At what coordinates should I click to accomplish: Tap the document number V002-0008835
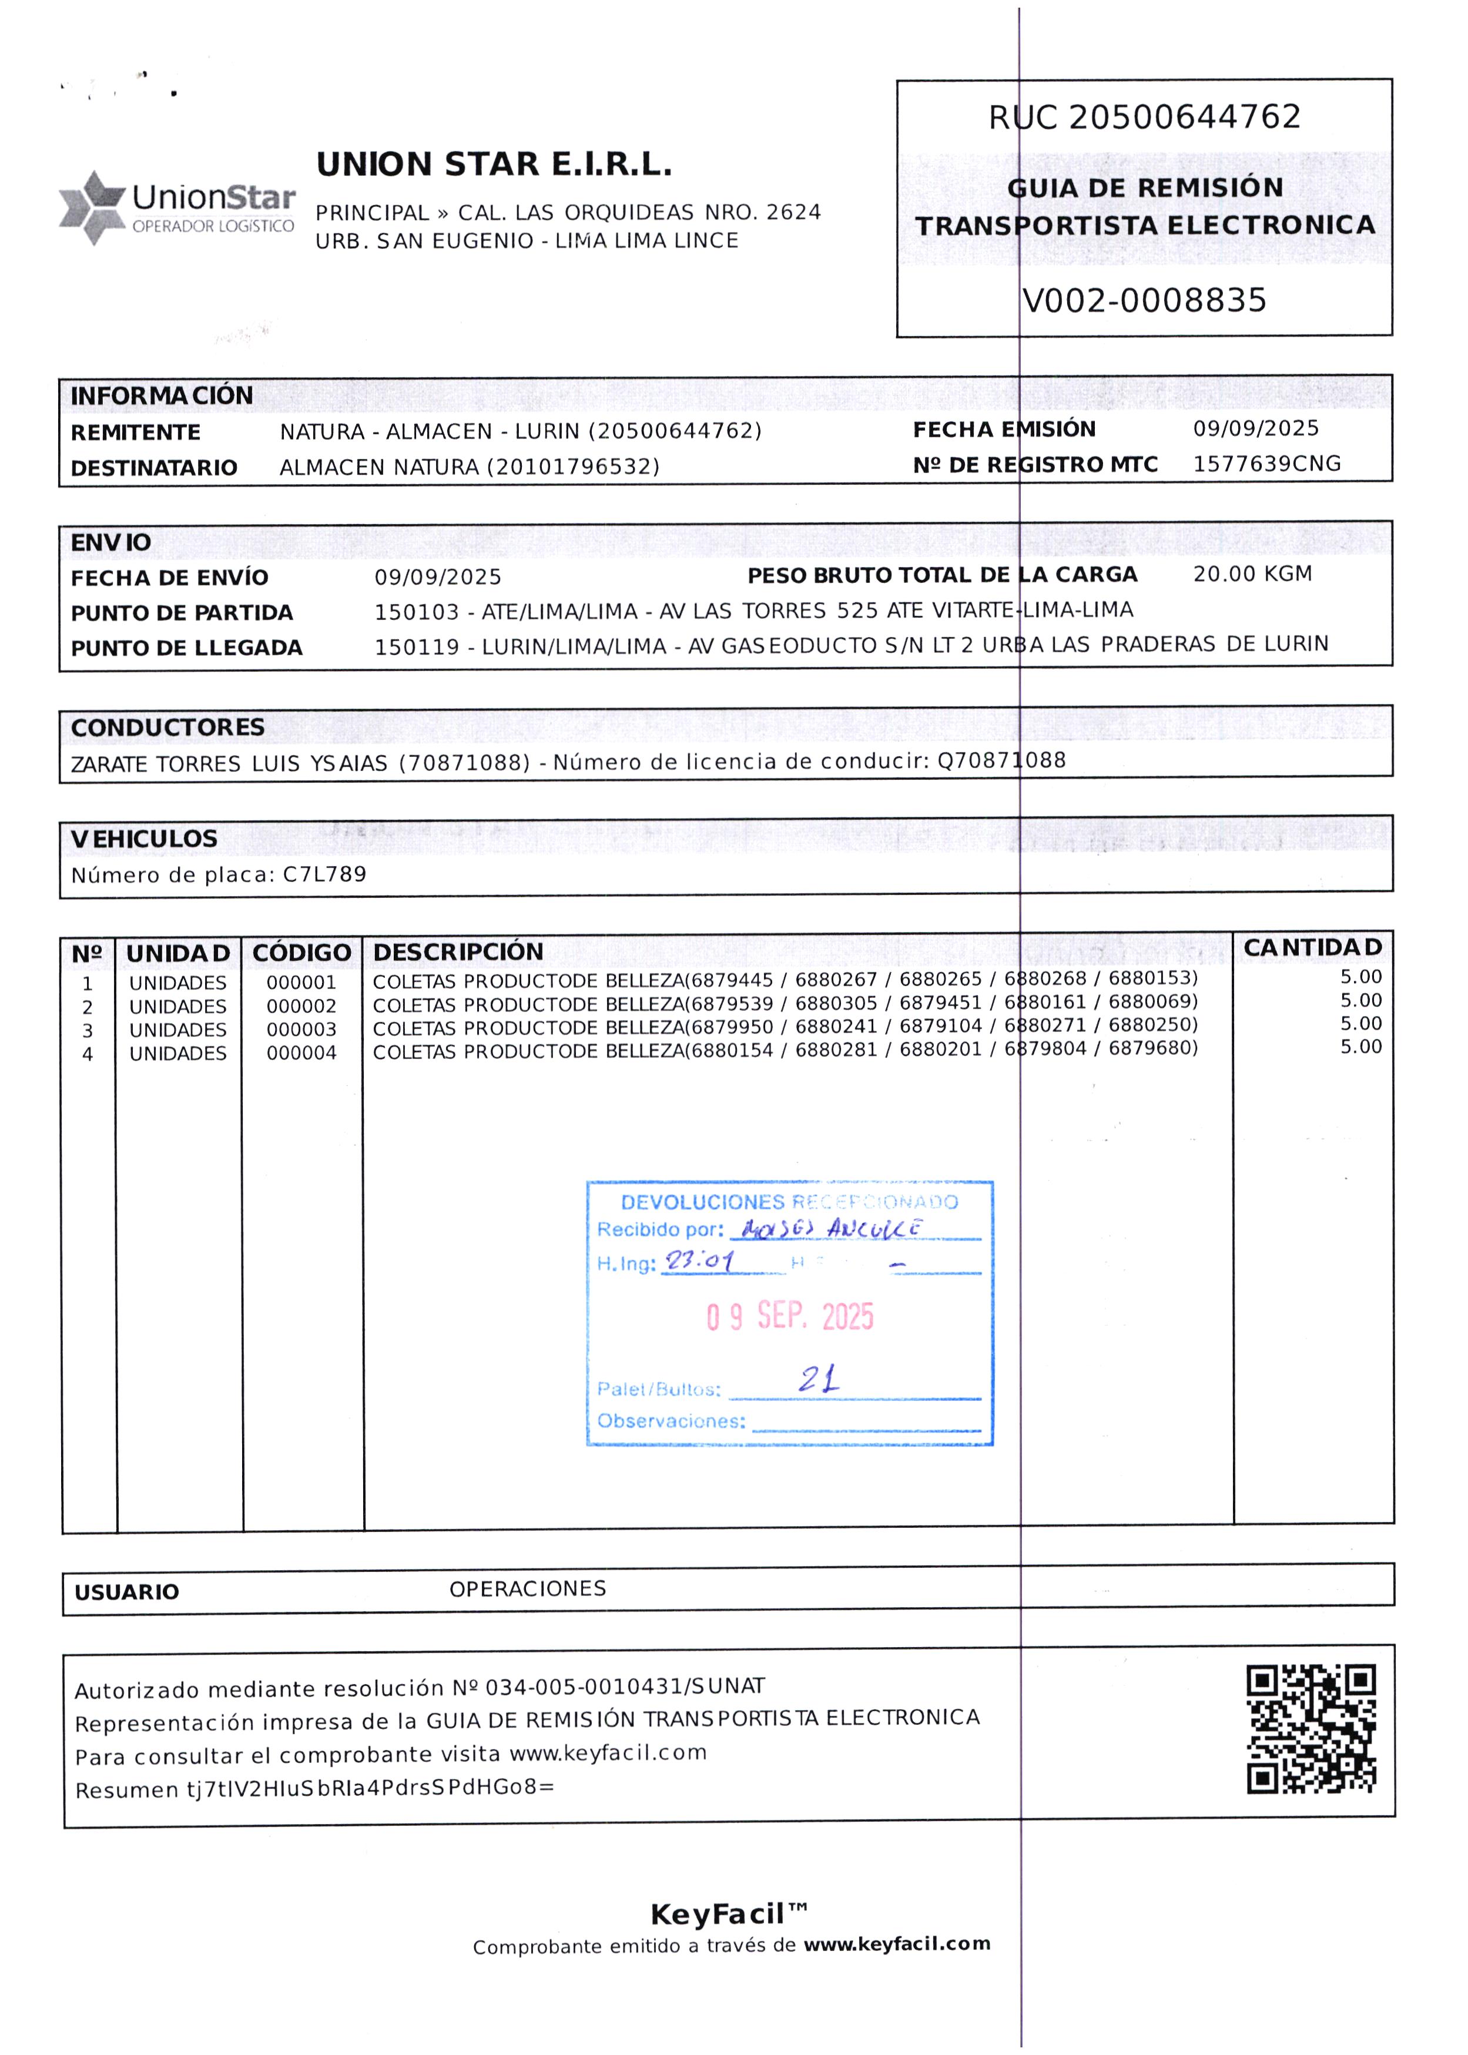1144,301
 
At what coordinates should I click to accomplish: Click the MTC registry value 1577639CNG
1266,464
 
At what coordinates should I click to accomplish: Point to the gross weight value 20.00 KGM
1252,574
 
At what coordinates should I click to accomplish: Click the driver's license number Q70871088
1001,761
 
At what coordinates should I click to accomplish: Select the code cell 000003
301,1030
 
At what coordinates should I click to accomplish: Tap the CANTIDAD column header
1312,948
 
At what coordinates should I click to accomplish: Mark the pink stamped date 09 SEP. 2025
790,1317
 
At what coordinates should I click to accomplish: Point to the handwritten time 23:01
700,1261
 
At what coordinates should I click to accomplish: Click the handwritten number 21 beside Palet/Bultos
818,1379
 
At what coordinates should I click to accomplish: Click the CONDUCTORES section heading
167,728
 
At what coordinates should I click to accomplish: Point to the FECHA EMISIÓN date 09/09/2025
1256,429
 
